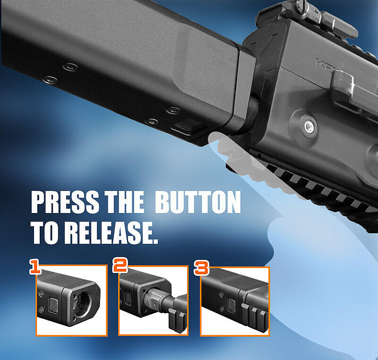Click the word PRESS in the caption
coord(65,202)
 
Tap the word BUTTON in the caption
coord(198,202)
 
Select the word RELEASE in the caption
coord(111,233)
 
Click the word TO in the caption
coord(45,233)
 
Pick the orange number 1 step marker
coord(35,267)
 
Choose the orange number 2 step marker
coord(120,266)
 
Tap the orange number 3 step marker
coord(201,268)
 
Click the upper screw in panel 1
coord(41,293)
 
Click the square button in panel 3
coord(232,306)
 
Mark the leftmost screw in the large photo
coord(50,79)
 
